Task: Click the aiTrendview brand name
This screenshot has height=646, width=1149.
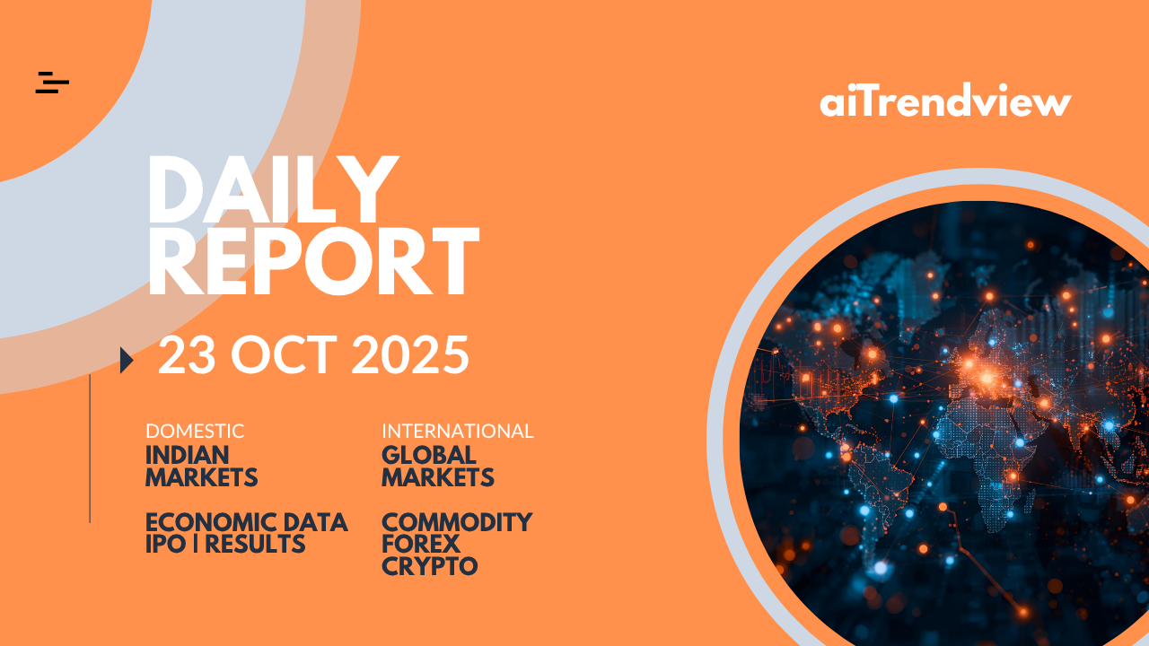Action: tap(945, 100)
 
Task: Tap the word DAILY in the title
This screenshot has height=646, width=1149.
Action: tap(273, 189)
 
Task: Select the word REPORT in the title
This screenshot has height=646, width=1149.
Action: tap(313, 261)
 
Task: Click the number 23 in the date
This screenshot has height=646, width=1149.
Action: tap(186, 354)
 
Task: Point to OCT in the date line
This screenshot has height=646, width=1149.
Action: tap(284, 354)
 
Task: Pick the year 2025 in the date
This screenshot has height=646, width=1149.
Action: tap(410, 354)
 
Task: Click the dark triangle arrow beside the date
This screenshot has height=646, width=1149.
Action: tap(127, 360)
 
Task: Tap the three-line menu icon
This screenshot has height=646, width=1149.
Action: tap(52, 83)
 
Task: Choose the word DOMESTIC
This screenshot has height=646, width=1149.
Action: tap(195, 432)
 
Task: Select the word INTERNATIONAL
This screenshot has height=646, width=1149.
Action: tap(458, 432)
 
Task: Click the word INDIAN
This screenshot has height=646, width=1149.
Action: tap(188, 455)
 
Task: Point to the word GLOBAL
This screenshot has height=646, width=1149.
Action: tap(429, 455)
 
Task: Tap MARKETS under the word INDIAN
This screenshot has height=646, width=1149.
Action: tap(202, 477)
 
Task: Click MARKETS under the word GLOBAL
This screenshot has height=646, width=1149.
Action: tap(438, 477)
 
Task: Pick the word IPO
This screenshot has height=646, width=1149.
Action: tap(166, 544)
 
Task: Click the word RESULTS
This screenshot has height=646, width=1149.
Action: tap(255, 544)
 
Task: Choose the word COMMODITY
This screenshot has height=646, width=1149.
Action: tap(457, 522)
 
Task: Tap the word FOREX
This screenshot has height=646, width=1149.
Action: tap(421, 544)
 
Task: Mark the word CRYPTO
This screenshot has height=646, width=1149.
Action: tap(430, 566)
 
